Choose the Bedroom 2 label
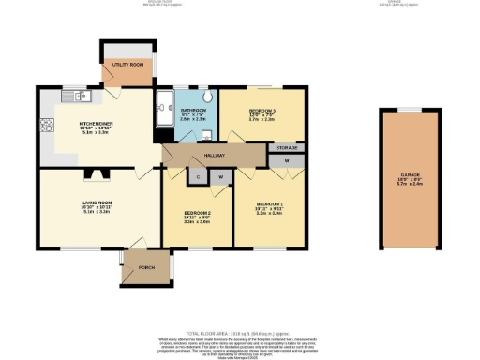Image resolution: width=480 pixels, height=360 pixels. coord(197,213)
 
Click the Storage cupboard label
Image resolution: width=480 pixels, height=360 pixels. coord(287,148)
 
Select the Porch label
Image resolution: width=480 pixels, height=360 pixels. coord(146,266)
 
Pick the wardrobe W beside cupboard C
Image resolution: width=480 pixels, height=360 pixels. coord(221,176)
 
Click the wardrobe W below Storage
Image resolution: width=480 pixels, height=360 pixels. coord(286,161)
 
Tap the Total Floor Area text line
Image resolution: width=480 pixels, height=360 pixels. coord(240,333)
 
